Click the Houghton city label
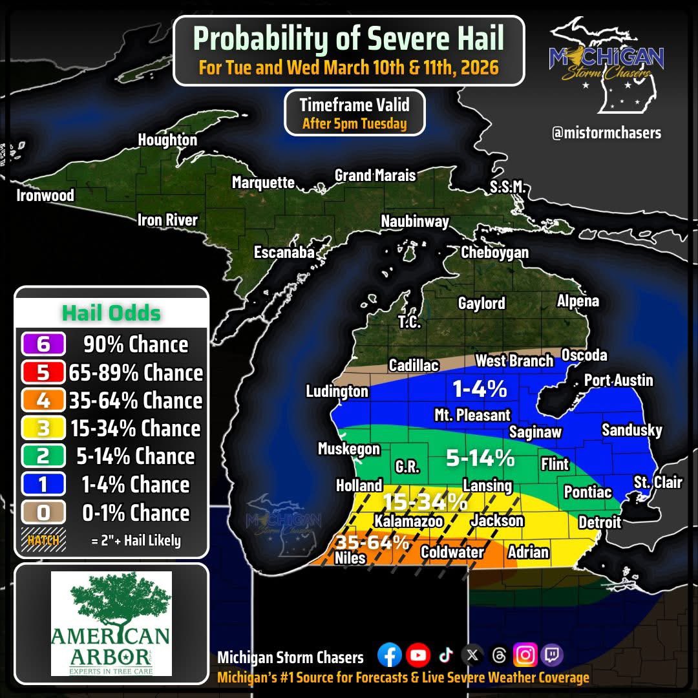pyautogui.click(x=167, y=140)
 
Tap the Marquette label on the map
pyautogui.click(x=263, y=183)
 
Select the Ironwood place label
pyautogui.click(x=45, y=195)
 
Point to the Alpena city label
pyautogui.click(x=578, y=301)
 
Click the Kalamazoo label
pyautogui.click(x=408, y=521)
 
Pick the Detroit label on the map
pyautogui.click(x=599, y=522)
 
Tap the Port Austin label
pyautogui.click(x=619, y=380)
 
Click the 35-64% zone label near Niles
pyautogui.click(x=371, y=542)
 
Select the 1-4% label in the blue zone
pyautogui.click(x=479, y=389)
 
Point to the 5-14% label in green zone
pyautogui.click(x=480, y=458)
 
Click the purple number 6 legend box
pyautogui.click(x=43, y=344)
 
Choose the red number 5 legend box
pyautogui.click(x=43, y=373)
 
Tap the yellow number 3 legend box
pyautogui.click(x=43, y=428)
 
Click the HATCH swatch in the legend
pyautogui.click(x=44, y=540)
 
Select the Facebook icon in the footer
pyautogui.click(x=389, y=655)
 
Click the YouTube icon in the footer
pyautogui.click(x=418, y=655)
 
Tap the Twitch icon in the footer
pyautogui.click(x=553, y=655)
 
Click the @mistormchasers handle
pyautogui.click(x=606, y=133)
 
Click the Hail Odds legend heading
pyautogui.click(x=111, y=313)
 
